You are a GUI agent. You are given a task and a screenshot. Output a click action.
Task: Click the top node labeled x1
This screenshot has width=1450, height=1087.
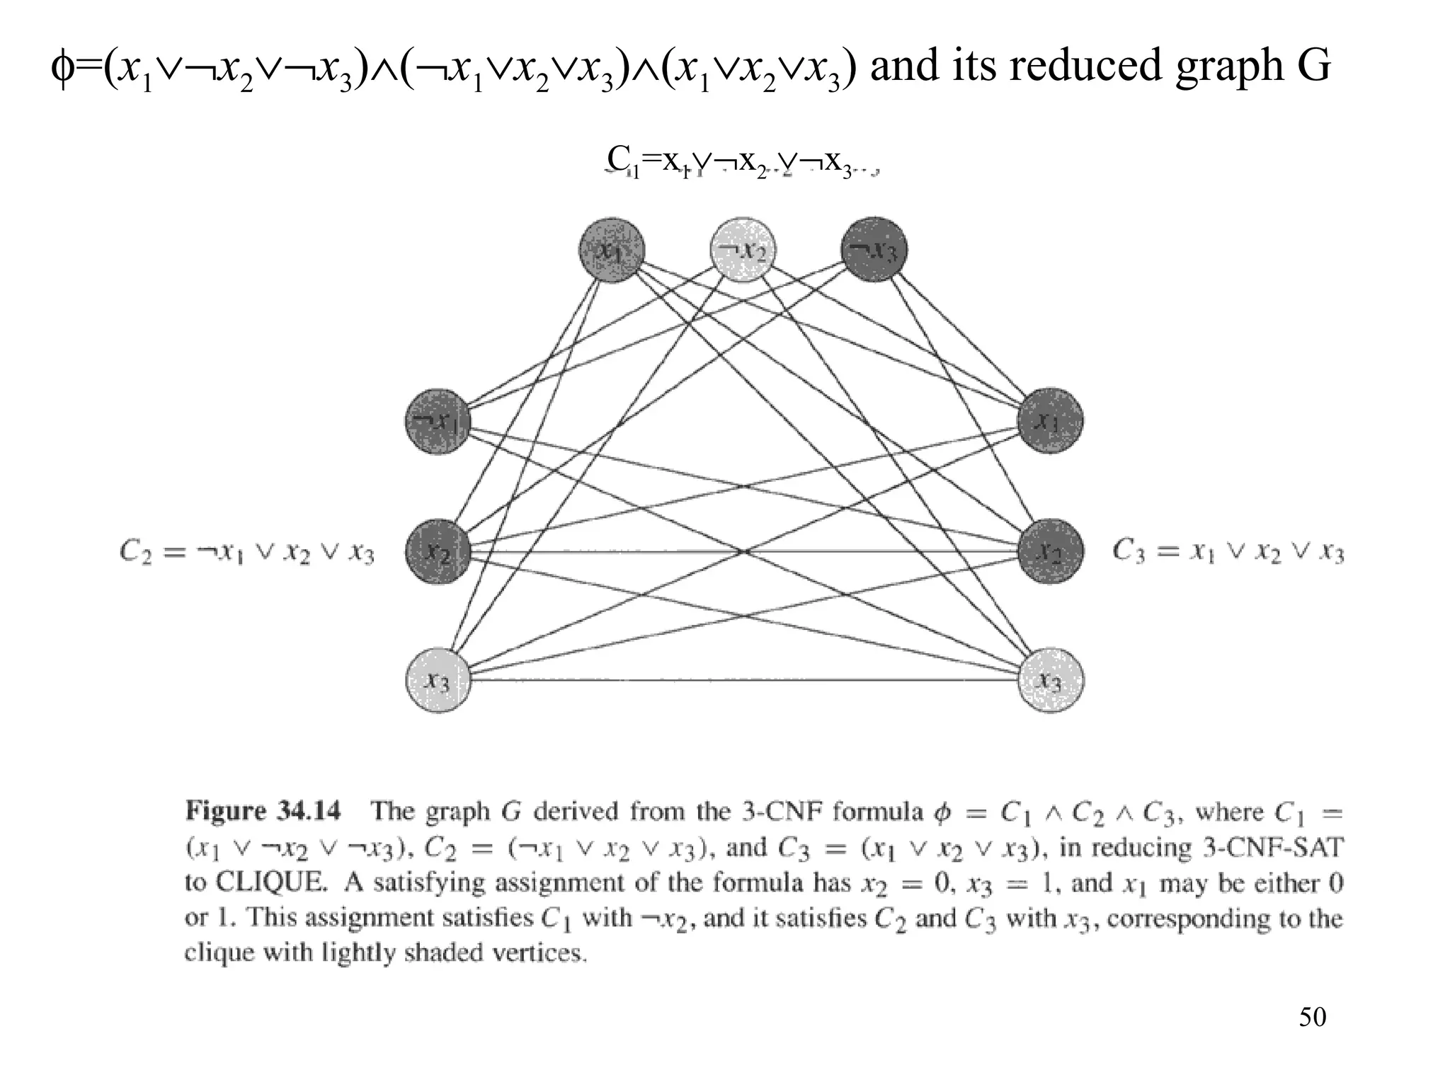(x=612, y=250)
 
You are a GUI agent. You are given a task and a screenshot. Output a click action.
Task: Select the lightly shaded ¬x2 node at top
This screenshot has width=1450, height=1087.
(x=743, y=250)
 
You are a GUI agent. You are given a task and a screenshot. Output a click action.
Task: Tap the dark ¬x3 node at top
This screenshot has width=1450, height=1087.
(x=874, y=250)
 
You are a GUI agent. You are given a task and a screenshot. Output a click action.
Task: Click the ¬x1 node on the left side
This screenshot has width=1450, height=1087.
(x=438, y=422)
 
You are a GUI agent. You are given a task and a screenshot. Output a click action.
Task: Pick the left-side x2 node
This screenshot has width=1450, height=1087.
(x=438, y=552)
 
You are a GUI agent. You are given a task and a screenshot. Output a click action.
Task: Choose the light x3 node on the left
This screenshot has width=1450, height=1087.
(x=438, y=681)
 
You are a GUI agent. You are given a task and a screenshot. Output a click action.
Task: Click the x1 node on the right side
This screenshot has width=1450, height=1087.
(x=1051, y=422)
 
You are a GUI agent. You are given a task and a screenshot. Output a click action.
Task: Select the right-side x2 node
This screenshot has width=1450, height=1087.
(x=1051, y=552)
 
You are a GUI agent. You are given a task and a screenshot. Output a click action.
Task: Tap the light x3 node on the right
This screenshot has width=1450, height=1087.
(x=1051, y=681)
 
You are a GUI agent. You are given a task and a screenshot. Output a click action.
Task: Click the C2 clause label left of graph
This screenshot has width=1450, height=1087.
(x=246, y=552)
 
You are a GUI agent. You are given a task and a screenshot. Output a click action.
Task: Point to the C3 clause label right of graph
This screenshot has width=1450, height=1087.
(x=1228, y=551)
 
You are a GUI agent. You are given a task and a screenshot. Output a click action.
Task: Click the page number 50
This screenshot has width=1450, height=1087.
(x=1312, y=1017)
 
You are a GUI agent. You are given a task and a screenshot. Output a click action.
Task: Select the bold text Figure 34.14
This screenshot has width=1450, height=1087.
(x=263, y=811)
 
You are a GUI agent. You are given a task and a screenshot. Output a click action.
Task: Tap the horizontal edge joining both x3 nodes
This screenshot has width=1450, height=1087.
(x=743, y=681)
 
